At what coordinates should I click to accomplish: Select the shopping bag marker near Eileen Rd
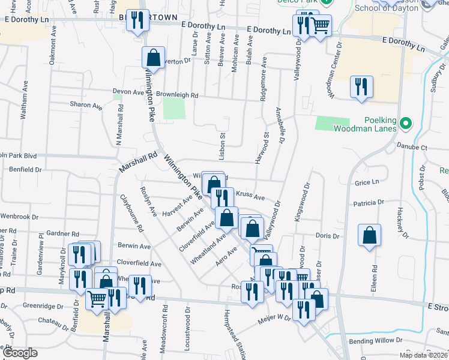(x=370, y=235)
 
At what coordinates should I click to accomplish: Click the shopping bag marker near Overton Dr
(x=153, y=58)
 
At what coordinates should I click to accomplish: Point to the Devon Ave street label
(x=125, y=92)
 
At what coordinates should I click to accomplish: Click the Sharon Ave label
(x=86, y=105)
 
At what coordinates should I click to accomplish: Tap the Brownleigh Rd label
(x=177, y=95)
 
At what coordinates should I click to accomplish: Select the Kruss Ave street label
(x=250, y=197)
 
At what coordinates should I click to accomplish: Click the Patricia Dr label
(x=368, y=203)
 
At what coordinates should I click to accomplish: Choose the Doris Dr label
(x=327, y=236)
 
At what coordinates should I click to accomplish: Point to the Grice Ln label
(x=368, y=182)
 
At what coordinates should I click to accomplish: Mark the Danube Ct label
(x=414, y=146)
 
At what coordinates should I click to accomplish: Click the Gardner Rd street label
(x=62, y=233)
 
